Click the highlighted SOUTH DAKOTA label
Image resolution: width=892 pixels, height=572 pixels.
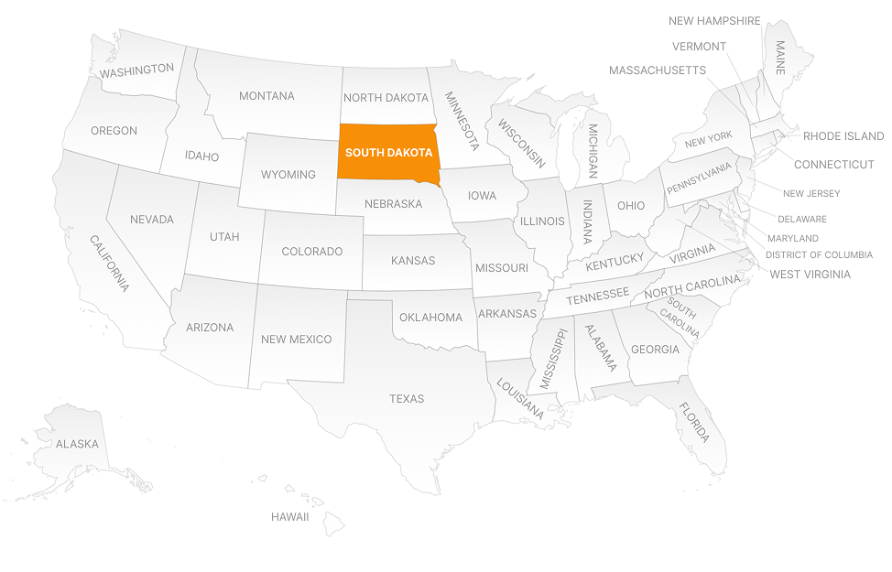point(388,153)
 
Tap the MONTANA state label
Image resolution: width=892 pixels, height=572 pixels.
point(267,96)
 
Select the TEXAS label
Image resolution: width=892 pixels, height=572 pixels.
point(407,399)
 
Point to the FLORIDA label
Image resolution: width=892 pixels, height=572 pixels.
point(694,422)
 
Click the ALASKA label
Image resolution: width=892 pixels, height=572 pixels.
point(77,444)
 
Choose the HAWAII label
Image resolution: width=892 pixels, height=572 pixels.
point(289,517)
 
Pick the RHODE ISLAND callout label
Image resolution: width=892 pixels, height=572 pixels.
point(843,136)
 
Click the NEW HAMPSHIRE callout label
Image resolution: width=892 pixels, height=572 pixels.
point(714,21)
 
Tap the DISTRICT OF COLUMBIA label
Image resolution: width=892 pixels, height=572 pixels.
point(819,255)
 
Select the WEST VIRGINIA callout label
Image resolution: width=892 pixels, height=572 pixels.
point(810,275)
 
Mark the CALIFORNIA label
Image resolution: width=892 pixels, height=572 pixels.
point(109,263)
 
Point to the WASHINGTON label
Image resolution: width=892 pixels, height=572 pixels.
point(136,70)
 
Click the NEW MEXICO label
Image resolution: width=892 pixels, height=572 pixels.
point(296,340)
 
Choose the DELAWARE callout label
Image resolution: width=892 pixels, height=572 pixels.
point(801,220)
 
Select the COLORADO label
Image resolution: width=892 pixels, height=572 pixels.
point(311,252)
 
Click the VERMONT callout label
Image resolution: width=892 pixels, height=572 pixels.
point(699,47)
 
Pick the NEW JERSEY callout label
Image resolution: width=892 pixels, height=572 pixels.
point(810,194)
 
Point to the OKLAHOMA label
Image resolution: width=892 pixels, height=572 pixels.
point(430,318)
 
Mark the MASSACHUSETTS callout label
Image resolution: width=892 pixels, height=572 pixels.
point(657,70)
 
